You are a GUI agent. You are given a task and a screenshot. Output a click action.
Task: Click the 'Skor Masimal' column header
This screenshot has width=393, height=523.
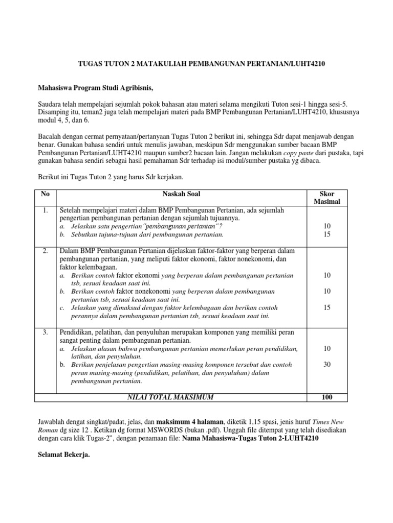(326, 198)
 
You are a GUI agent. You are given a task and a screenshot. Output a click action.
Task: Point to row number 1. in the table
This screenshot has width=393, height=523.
(46, 210)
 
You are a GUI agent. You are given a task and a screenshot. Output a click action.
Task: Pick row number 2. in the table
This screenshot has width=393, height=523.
(46, 251)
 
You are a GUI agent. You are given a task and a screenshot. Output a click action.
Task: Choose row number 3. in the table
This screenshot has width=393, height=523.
(46, 332)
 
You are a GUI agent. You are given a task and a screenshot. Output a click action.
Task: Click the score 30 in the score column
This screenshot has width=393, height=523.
(326, 365)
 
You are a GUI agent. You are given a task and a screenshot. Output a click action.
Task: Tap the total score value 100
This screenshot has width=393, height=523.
(326, 397)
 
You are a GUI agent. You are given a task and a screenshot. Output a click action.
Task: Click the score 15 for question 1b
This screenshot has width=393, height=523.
(326, 234)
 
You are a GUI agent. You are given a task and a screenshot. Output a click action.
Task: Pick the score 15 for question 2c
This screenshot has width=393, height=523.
(326, 307)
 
